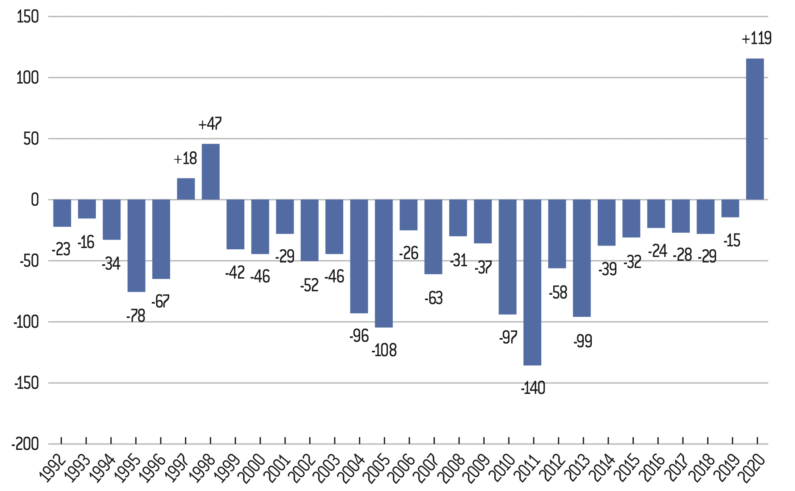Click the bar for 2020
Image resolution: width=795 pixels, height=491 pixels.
[755, 129]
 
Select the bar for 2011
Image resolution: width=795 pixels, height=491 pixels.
[532, 282]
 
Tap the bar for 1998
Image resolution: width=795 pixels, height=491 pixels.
[210, 172]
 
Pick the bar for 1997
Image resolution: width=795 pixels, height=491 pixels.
[186, 189]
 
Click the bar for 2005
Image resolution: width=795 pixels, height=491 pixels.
[384, 263]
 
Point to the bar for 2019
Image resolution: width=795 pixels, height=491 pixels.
[730, 209]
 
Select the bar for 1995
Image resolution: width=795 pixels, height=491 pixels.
[136, 246]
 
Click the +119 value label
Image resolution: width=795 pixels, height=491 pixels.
[756, 39]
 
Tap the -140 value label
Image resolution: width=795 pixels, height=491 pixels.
[533, 388]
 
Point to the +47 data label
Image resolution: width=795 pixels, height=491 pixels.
[210, 124]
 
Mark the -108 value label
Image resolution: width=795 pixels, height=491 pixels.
[384, 351]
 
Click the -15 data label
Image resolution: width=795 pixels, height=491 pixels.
[732, 241]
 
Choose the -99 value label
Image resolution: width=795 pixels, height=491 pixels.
[582, 341]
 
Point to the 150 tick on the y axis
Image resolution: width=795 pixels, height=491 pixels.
[28, 17]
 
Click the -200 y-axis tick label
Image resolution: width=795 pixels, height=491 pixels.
[25, 444]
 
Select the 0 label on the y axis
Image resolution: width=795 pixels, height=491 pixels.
[34, 200]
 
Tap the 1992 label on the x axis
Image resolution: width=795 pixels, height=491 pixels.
[53, 468]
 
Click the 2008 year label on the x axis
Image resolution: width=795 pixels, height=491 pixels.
[453, 468]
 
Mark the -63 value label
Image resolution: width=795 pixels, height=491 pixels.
[434, 298]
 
